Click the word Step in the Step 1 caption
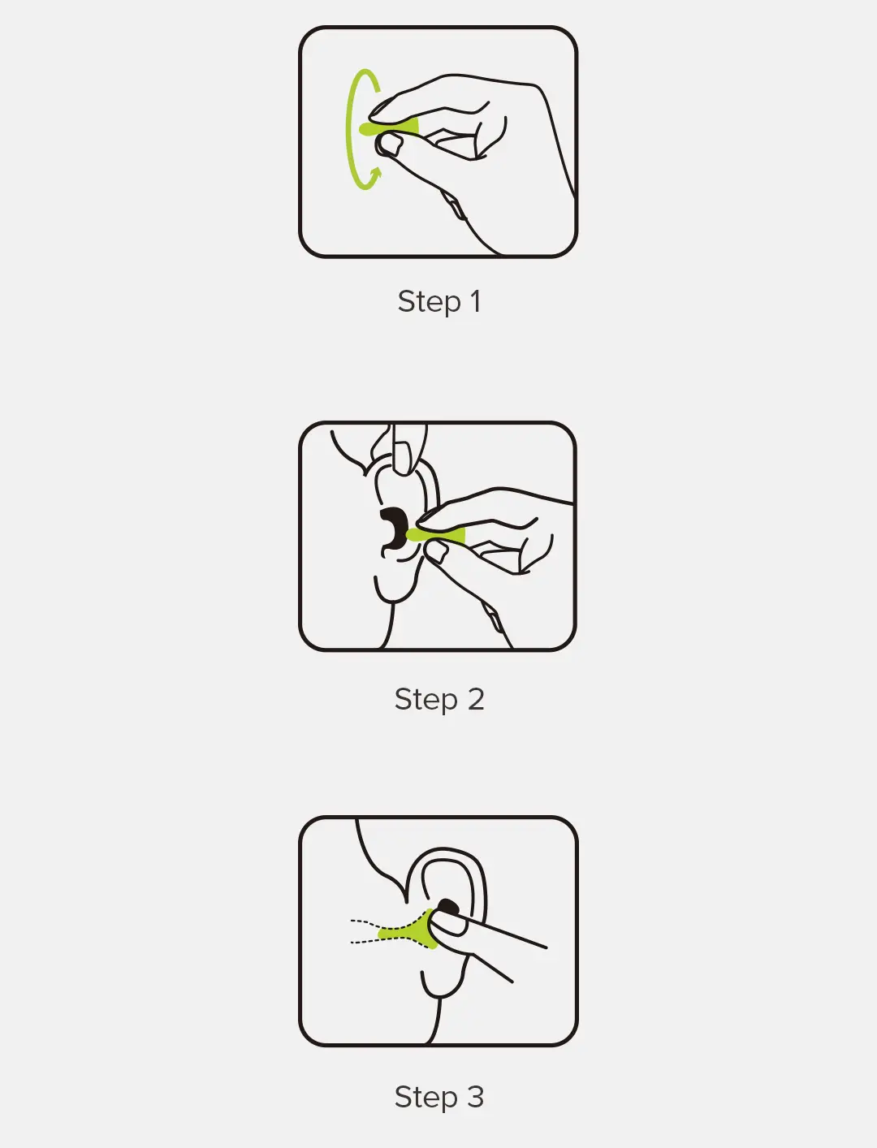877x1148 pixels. pos(429,302)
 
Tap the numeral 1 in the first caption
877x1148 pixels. pos(476,301)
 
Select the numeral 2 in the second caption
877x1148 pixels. pos(476,699)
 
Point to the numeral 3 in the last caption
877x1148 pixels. pos(476,1097)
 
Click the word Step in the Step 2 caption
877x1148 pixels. pos(426,700)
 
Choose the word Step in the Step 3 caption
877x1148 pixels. pos(426,1098)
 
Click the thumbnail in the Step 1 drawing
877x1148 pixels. pos(391,145)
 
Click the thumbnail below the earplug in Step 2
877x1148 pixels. pos(438,552)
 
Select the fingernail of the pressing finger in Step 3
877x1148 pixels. pos(448,924)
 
